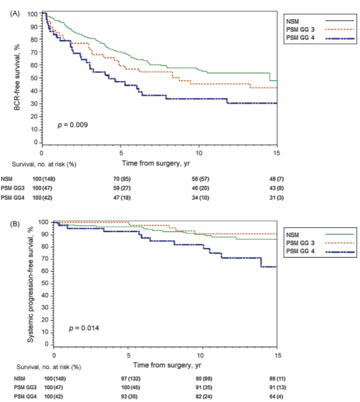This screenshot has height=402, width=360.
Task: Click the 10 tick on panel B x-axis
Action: pos(202,355)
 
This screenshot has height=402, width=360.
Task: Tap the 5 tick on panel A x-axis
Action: pos(121,153)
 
